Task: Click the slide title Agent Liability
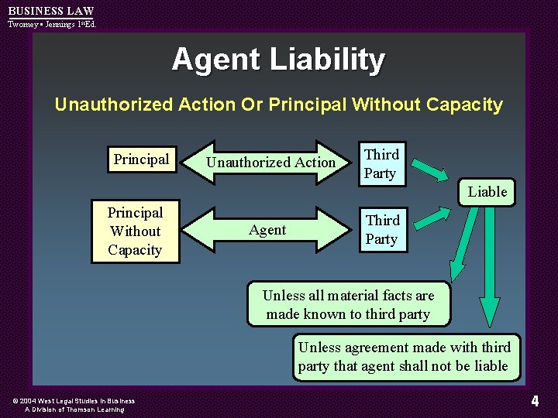pyautogui.click(x=278, y=60)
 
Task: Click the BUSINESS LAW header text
pyautogui.click(x=50, y=11)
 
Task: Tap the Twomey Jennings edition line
pyautogui.click(x=52, y=24)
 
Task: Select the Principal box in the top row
pyautogui.click(x=141, y=159)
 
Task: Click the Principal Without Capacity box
pyautogui.click(x=135, y=231)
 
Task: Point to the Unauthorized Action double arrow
pyautogui.click(x=270, y=163)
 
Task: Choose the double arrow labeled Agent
pyautogui.click(x=267, y=230)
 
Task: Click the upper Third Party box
pyautogui.click(x=381, y=164)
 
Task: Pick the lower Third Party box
pyautogui.click(x=382, y=230)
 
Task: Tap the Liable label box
pyautogui.click(x=487, y=191)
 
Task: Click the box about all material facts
pyautogui.click(x=348, y=304)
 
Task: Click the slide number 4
pyautogui.click(x=535, y=401)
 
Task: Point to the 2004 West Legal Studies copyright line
pyautogui.click(x=74, y=401)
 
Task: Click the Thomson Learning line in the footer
pyautogui.click(x=74, y=409)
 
